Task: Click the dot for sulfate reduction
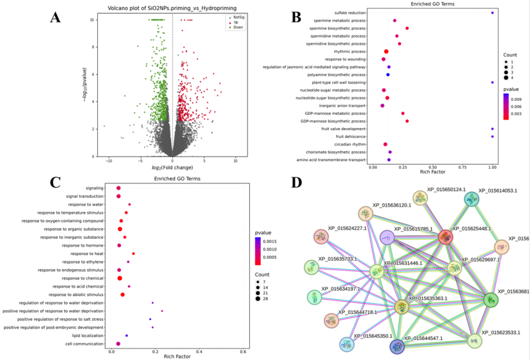(492, 13)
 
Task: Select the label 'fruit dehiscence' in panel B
(351, 136)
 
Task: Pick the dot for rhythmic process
(386, 51)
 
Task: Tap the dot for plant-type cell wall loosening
(492, 82)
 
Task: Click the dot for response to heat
(133, 254)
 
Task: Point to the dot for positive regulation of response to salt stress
(150, 319)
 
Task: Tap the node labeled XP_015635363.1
(402, 308)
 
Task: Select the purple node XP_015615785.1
(387, 238)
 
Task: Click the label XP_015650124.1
(446, 189)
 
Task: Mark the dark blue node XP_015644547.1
(397, 347)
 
